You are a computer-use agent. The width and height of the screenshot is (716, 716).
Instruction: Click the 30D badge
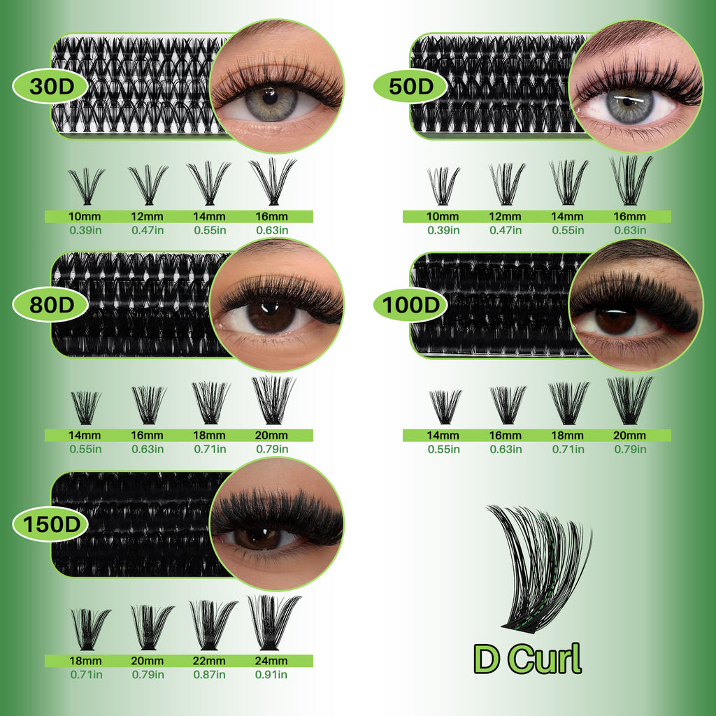coord(49,87)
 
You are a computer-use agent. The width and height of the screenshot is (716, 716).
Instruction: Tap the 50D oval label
coord(408,87)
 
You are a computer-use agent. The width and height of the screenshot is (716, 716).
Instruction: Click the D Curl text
coord(527,659)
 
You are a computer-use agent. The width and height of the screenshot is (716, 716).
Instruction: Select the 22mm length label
coord(209,661)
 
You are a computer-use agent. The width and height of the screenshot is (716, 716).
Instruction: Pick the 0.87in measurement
coord(209,675)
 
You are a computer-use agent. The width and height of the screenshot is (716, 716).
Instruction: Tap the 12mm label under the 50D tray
coord(506,217)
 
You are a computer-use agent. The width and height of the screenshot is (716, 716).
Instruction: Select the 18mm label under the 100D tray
coord(568,435)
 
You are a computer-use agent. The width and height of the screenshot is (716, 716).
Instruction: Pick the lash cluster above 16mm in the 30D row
coord(272,180)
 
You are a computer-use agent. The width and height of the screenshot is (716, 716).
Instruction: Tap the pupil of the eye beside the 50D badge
coord(629,101)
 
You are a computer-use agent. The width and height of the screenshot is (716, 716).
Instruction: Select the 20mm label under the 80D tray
coord(272,435)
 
